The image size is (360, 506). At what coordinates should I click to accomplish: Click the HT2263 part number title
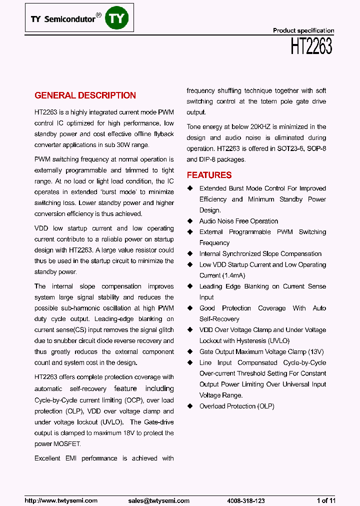pyautogui.click(x=311, y=46)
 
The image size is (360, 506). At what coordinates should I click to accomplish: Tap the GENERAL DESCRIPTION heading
pyautogui.click(x=85, y=95)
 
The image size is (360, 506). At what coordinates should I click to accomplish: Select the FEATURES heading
pyautogui.click(x=209, y=175)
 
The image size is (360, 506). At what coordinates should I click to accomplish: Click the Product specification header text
pyautogui.click(x=303, y=30)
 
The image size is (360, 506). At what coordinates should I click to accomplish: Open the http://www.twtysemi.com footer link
pyautogui.click(x=61, y=500)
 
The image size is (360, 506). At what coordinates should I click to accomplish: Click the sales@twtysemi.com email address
pyautogui.click(x=158, y=500)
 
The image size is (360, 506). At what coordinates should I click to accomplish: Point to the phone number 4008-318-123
pyautogui.click(x=245, y=500)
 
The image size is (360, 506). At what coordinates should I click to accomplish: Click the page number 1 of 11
pyautogui.click(x=326, y=500)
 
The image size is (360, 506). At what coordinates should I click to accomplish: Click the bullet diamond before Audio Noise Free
pyautogui.click(x=190, y=221)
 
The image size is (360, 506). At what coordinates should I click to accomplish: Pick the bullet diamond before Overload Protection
pyautogui.click(x=190, y=406)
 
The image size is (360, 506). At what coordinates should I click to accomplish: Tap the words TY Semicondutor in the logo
pyautogui.click(x=63, y=19)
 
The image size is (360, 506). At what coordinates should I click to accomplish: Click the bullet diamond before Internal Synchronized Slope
pyautogui.click(x=190, y=254)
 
